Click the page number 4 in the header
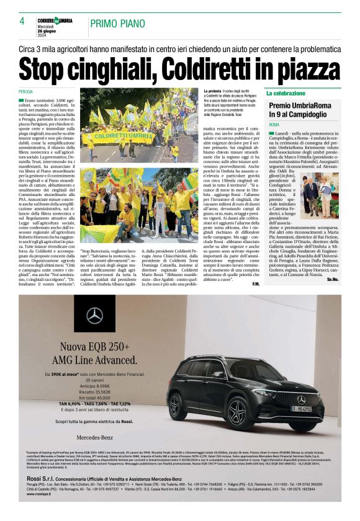click(x=22, y=21)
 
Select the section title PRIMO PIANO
click(x=114, y=24)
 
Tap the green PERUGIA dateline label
click(x=26, y=92)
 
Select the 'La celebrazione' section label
click(x=286, y=93)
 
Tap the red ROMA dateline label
click(x=274, y=125)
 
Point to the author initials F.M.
click(x=256, y=284)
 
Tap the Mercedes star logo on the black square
click(x=95, y=316)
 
